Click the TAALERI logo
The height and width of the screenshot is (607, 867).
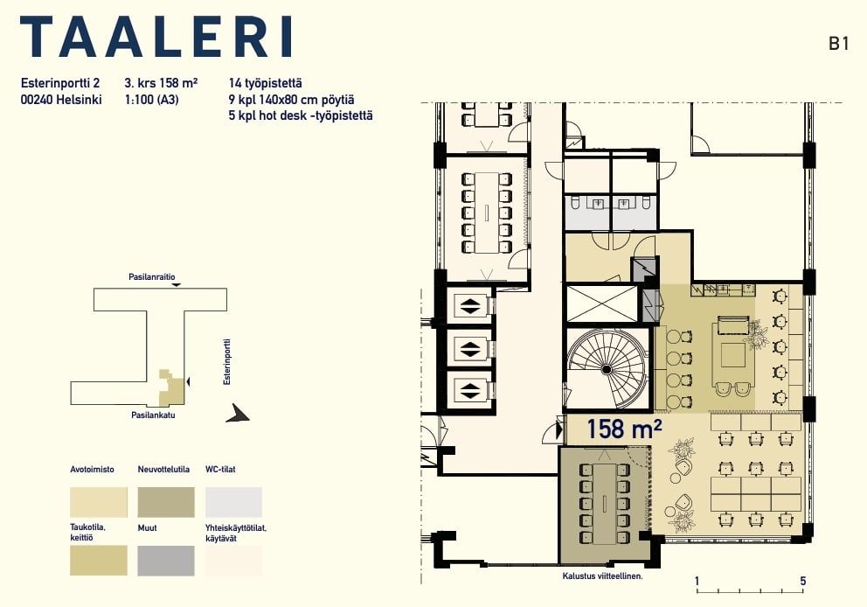156,37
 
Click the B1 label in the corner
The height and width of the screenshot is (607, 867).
838,44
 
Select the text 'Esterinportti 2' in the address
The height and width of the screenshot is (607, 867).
60,83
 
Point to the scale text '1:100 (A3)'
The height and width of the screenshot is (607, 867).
151,101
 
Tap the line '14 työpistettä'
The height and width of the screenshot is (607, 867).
266,84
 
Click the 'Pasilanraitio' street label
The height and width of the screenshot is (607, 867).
152,276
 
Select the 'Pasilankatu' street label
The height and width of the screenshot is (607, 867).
153,415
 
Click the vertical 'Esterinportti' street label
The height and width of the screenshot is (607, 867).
226,362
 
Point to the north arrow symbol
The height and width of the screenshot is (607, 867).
238,414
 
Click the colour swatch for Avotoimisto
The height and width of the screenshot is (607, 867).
99,502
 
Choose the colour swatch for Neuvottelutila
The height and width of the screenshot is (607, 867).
166,502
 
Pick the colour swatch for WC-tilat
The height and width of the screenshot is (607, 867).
233,502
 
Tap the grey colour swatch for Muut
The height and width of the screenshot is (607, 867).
166,561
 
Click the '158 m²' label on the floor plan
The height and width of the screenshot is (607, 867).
624,429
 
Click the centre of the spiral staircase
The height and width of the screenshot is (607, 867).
607,368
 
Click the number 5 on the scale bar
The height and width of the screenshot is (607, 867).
803,581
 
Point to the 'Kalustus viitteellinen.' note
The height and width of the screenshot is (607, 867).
603,576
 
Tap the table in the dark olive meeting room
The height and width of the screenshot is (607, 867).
604,504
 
